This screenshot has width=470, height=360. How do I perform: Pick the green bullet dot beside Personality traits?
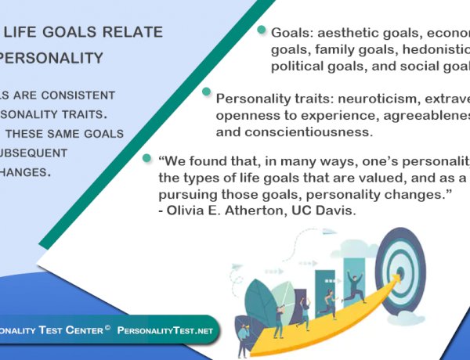207,92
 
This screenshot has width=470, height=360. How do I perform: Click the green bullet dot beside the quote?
146,157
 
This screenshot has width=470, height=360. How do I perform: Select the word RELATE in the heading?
135,32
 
